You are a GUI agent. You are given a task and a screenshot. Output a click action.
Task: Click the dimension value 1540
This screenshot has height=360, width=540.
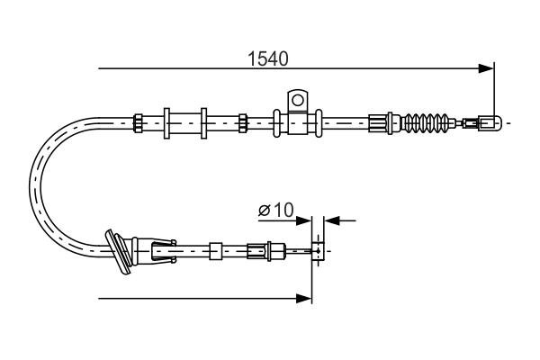coord(267,59)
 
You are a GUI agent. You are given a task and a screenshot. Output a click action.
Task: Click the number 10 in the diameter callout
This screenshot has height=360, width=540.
coord(283,210)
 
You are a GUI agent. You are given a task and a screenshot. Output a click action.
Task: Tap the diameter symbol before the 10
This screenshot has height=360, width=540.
coord(265,211)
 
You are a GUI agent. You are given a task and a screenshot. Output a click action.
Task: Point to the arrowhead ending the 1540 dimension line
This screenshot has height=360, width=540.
coord(487,67)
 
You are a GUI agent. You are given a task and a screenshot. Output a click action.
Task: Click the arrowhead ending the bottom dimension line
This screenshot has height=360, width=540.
coord(304,297)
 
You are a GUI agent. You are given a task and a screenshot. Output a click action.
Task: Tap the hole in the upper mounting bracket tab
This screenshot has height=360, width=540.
coord(296,97)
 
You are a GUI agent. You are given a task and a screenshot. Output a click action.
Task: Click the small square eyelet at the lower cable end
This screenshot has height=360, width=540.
coord(318,250)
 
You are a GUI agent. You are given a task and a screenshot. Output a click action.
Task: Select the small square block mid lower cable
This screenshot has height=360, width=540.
coord(215,249)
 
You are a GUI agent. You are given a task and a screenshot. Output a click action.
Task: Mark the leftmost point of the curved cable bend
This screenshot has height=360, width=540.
coord(33,184)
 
